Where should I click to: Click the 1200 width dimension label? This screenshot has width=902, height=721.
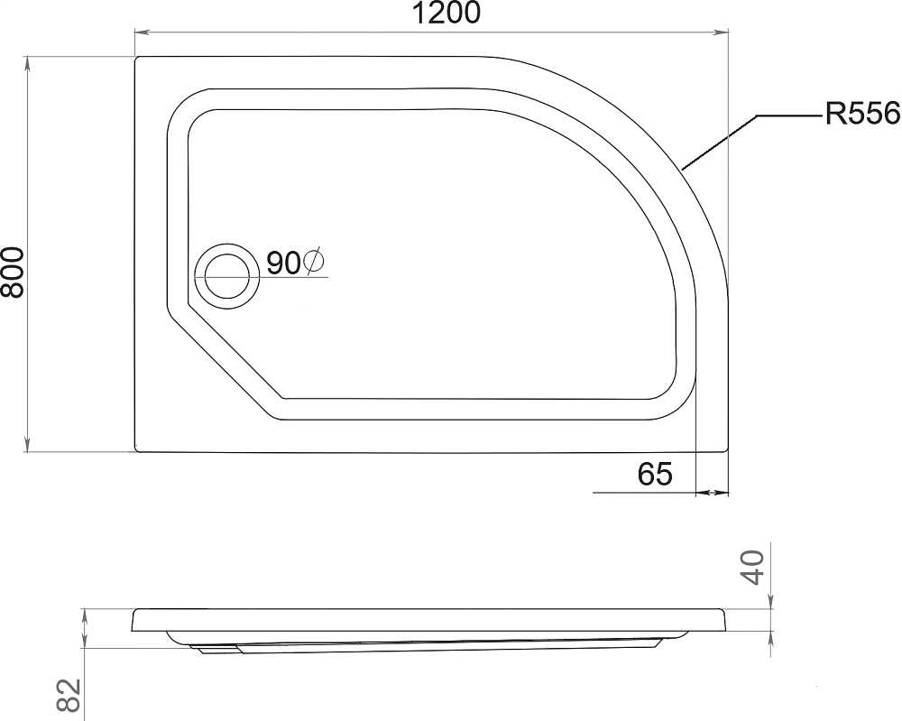446,14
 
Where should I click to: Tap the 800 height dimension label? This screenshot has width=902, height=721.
13,273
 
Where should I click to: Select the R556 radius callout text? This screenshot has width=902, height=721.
861,114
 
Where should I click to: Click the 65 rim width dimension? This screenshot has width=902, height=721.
655,474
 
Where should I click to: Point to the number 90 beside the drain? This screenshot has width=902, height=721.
283,263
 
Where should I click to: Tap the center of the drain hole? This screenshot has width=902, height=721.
227,276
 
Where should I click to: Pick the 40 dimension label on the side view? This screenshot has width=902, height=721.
752,567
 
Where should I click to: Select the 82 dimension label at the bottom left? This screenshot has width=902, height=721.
68,696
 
